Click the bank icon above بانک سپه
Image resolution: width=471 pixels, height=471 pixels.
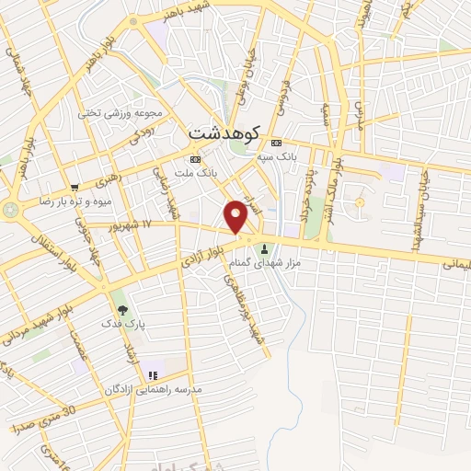276,143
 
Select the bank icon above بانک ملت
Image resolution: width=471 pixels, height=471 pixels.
194,158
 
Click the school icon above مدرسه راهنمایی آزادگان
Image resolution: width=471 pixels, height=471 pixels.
153,375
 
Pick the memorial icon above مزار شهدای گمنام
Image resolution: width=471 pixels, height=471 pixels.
265,248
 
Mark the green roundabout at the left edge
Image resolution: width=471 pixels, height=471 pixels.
10,210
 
